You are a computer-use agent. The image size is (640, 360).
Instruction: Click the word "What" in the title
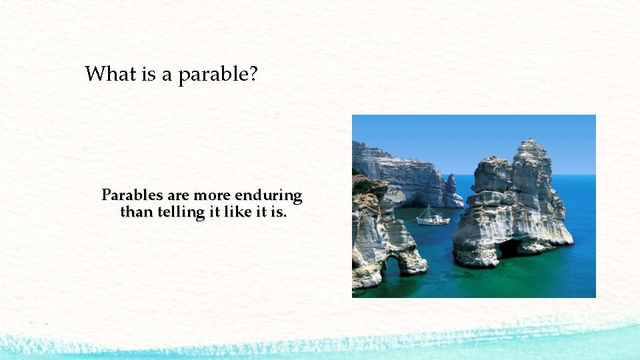[111, 74]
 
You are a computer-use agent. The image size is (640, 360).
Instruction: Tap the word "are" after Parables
[179, 195]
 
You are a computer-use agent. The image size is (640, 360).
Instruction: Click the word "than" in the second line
[135, 212]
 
